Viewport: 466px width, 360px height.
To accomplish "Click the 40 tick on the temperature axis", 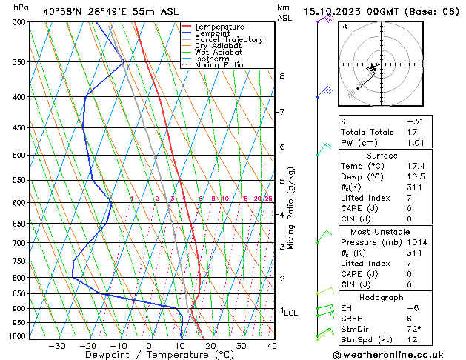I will pyautogui.click(x=272, y=346).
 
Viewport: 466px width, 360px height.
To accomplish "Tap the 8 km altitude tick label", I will pyautogui.click(x=282, y=76).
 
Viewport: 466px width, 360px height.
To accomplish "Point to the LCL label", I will pyautogui.click(x=290, y=313).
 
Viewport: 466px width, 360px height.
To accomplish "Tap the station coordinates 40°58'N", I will pyautogui.click(x=64, y=11).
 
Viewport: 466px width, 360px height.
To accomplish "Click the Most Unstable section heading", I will pyautogui.click(x=382, y=231).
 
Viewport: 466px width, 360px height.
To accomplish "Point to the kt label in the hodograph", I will pyautogui.click(x=344, y=27).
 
